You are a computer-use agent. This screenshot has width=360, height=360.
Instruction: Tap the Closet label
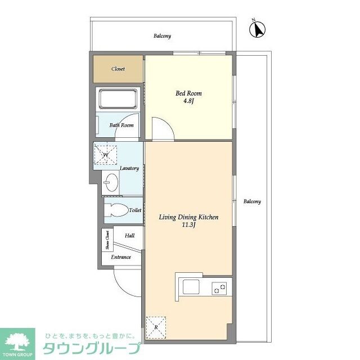pyautogui.click(x=118, y=69)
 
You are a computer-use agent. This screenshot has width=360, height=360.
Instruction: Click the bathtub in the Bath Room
pyautogui.click(x=118, y=100)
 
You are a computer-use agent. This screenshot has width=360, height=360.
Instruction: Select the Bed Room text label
pyautogui.click(x=188, y=93)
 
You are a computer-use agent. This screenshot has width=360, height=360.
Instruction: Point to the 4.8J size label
pyautogui.click(x=188, y=102)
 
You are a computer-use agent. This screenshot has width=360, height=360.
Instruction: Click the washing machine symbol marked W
pyautogui.click(x=105, y=154)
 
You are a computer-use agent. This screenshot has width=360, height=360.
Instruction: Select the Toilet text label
pyautogui.click(x=135, y=210)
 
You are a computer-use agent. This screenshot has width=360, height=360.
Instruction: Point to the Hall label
pyautogui.click(x=129, y=236)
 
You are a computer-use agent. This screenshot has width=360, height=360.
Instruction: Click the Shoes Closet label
pyautogui.click(x=107, y=241)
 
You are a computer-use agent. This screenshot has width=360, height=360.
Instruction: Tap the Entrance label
pyautogui.click(x=120, y=257)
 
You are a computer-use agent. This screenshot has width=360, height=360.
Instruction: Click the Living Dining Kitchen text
pyautogui.click(x=188, y=217)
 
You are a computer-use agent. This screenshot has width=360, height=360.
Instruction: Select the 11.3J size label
pyautogui.click(x=188, y=226)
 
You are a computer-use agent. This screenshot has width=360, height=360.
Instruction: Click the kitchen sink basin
pyautogui.click(x=190, y=287)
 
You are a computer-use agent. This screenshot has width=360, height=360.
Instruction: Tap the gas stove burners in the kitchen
pyautogui.click(x=219, y=289)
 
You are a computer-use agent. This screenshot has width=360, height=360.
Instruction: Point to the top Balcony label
pyautogui.click(x=162, y=36)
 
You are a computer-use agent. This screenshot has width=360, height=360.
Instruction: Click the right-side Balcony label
pyautogui.click(x=252, y=201)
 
